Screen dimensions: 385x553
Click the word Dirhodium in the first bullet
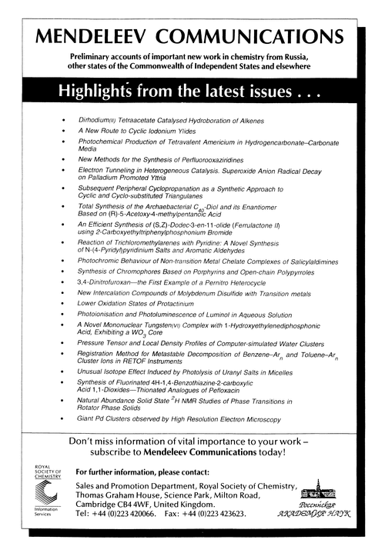pyautogui.click(x=98, y=122)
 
